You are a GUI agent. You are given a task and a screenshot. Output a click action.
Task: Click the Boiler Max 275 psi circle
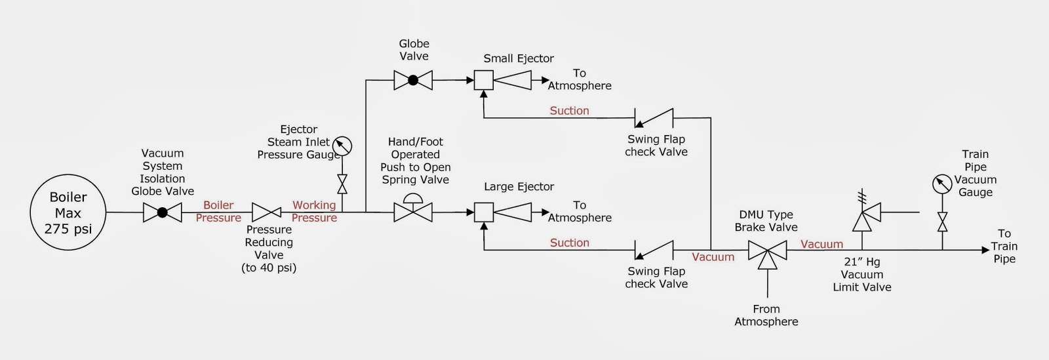[68, 212]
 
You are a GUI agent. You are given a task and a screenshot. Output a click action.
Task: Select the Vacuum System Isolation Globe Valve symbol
[163, 212]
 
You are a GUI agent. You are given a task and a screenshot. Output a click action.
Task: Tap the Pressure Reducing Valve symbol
[267, 212]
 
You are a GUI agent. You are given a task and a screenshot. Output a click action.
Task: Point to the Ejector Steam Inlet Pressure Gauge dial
[342, 145]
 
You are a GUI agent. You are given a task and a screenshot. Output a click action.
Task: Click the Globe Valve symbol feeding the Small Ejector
[413, 81]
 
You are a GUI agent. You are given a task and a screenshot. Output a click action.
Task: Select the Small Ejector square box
[484, 81]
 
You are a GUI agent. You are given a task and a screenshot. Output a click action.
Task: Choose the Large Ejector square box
[484, 212]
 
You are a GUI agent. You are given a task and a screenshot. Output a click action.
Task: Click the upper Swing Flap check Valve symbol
[654, 118]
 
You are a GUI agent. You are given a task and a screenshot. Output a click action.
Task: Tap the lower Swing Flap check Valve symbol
[654, 250]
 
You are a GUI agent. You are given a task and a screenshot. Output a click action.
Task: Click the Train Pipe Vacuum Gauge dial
[942, 184]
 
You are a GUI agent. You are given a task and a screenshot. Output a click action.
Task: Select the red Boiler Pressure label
[218, 212]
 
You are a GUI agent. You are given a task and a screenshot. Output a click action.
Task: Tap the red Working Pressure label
[314, 212]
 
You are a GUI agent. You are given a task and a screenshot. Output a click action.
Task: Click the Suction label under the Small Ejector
[569, 111]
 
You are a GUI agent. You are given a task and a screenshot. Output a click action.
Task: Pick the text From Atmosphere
[766, 315]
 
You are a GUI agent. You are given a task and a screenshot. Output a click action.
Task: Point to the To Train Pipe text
[1004, 246]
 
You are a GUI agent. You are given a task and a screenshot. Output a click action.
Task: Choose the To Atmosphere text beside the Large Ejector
[580, 212]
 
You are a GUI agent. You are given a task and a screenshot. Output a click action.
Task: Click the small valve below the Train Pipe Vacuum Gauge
[942, 222]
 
